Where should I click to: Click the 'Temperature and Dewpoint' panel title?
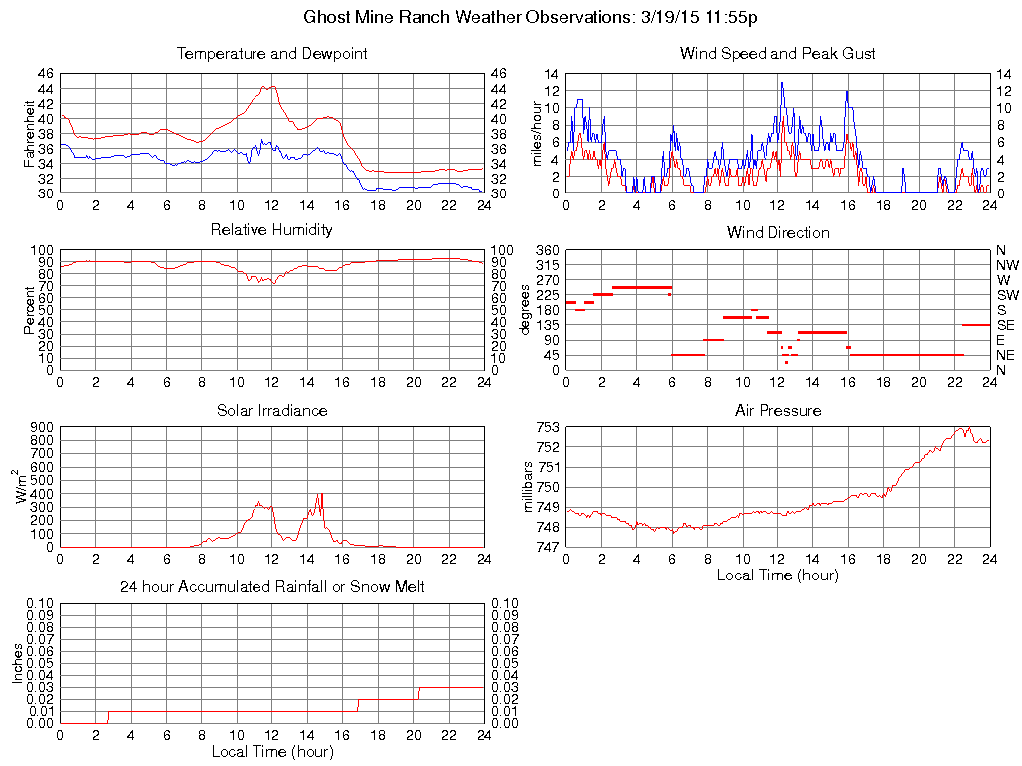(271, 53)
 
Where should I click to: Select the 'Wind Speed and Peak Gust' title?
(777, 53)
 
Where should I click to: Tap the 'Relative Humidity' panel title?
(271, 230)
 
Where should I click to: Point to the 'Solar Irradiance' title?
(271, 410)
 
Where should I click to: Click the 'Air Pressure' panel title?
(777, 410)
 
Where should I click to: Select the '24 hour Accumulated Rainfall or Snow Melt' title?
(271, 587)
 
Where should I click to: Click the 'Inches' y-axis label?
(17, 663)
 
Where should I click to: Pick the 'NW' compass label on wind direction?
(1006, 265)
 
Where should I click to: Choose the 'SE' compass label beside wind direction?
(1005, 325)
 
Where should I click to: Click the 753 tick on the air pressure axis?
(548, 427)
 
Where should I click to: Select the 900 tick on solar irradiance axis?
(41, 427)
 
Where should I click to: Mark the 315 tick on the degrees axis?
(548, 265)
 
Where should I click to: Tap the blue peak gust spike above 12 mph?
(782, 83)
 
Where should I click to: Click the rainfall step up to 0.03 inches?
(419, 688)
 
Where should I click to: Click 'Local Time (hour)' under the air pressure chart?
(777, 574)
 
